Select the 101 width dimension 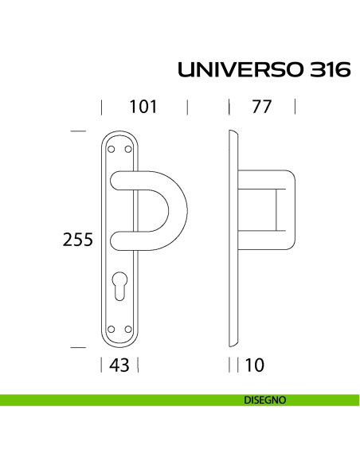click(143, 107)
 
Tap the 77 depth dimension click(262, 107)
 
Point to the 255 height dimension click(78, 239)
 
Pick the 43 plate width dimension click(120, 365)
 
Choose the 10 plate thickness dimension click(255, 365)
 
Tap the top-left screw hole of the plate click(112, 149)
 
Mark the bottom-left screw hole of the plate click(112, 329)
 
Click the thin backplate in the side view click(234, 239)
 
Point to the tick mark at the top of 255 click(77, 131)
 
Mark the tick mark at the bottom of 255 click(77, 347)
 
